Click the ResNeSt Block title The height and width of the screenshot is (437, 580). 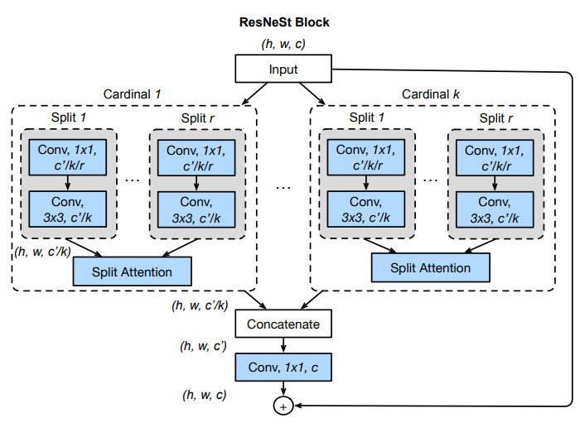click(x=284, y=22)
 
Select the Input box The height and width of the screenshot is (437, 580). click(x=283, y=69)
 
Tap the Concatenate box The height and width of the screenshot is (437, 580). click(x=283, y=324)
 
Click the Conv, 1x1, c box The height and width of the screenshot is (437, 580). click(x=283, y=367)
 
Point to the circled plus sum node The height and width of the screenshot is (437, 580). click(x=283, y=406)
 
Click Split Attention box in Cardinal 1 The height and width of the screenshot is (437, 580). click(x=132, y=271)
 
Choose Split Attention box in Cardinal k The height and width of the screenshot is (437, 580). click(x=431, y=267)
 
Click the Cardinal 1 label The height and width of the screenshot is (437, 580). click(x=132, y=94)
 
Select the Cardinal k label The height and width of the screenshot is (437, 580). click(x=431, y=94)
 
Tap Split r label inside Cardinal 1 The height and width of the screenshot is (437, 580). click(x=197, y=118)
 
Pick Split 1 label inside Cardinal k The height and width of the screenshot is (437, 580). click(x=366, y=118)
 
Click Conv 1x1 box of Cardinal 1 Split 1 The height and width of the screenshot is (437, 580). click(x=67, y=157)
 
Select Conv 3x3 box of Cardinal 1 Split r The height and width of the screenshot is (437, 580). click(x=196, y=209)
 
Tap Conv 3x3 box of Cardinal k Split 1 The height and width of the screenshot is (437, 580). click(x=366, y=209)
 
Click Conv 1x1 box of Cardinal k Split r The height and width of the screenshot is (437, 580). click(x=495, y=158)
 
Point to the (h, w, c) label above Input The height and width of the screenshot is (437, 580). click(x=283, y=44)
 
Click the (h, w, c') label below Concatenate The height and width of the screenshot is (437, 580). click(x=203, y=346)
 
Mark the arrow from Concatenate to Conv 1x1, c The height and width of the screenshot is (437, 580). click(x=283, y=345)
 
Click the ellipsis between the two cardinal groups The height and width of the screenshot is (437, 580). click(x=283, y=188)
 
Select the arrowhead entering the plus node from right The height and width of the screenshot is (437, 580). click(x=297, y=406)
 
